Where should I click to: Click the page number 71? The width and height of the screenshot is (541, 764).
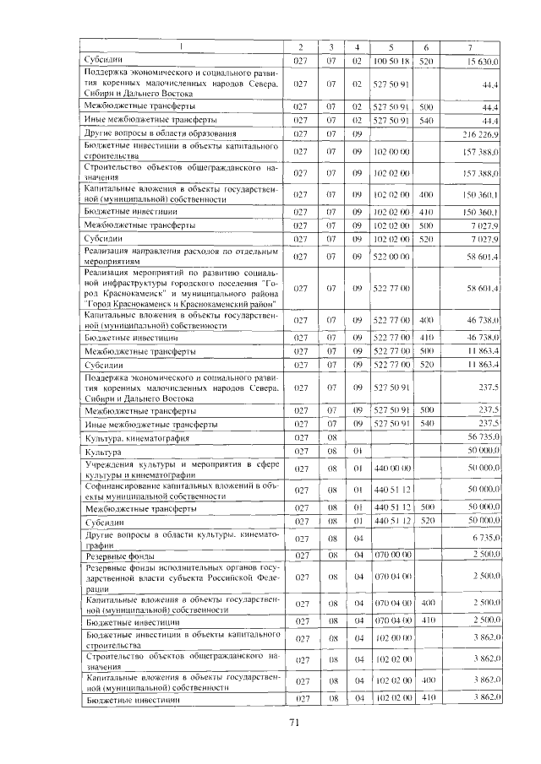coord(295,722)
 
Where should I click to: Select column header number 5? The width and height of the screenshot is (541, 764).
coord(391,46)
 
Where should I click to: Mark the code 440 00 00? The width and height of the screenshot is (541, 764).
coord(391,467)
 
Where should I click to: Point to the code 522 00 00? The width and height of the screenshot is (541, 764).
coord(391,256)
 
